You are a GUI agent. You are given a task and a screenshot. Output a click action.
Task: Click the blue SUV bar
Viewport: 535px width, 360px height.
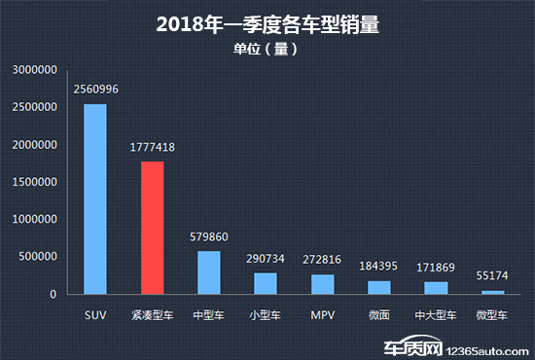95,198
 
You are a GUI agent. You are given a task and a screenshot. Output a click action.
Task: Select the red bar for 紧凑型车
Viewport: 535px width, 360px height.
152,228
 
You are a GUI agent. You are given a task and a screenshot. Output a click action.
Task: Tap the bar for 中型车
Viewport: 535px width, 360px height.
209,272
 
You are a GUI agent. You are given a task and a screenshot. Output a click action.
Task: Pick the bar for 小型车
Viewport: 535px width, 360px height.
266,283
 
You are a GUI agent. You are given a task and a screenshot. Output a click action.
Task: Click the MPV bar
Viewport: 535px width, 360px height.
322,284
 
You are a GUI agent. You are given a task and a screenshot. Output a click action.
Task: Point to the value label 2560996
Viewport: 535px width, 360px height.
95,90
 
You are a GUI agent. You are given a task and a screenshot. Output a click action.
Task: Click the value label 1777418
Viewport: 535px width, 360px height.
152,148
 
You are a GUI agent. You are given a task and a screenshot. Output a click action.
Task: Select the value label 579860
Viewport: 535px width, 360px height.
209,236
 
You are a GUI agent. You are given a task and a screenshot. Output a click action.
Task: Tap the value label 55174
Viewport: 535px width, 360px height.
493,276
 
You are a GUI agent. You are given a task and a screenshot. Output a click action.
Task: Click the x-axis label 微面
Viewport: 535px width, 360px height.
379,316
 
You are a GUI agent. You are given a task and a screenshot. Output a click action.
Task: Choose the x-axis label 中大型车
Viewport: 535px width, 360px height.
436,316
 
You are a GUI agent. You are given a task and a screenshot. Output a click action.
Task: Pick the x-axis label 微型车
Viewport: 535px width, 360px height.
493,316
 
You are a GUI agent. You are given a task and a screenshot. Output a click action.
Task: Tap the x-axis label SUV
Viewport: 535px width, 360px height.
95,316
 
